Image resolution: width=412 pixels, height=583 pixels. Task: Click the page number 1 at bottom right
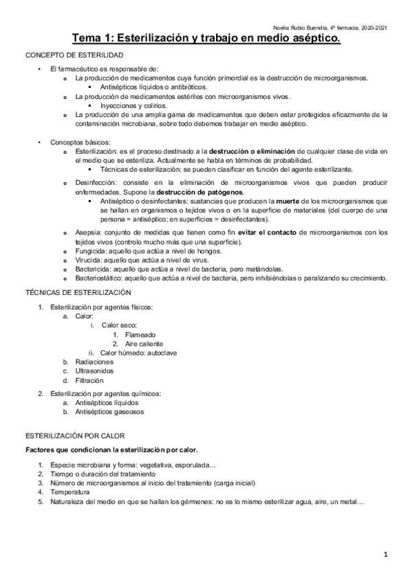(387, 553)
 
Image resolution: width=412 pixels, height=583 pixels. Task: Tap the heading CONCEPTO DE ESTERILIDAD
(74, 54)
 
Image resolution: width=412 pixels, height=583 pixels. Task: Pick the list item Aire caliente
(144, 343)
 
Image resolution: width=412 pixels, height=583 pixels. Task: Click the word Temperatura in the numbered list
(69, 492)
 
